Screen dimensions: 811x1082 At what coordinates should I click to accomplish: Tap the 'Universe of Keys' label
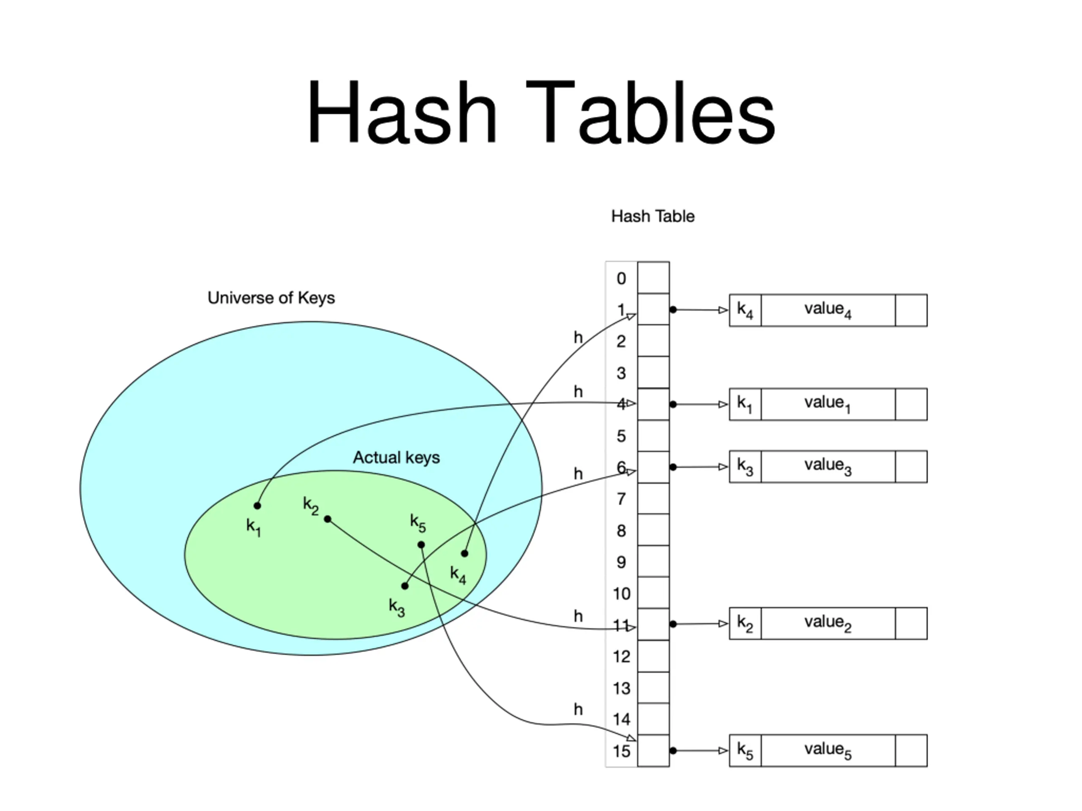tap(271, 298)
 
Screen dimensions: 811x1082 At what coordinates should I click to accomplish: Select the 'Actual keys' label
tap(396, 457)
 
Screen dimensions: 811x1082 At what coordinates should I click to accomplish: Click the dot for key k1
tap(257, 506)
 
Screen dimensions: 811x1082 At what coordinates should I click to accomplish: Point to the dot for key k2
tap(328, 519)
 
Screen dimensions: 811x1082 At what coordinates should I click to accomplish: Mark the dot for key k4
tap(464, 553)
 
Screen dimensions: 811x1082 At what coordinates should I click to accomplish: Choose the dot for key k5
tap(421, 544)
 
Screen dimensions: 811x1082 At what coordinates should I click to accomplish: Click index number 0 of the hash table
tap(621, 279)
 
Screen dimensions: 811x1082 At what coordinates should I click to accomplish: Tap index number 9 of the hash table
tap(621, 562)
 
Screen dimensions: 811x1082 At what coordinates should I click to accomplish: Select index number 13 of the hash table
tap(621, 689)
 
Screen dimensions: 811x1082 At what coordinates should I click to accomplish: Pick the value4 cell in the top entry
tap(828, 310)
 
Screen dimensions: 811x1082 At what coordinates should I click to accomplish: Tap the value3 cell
tap(828, 467)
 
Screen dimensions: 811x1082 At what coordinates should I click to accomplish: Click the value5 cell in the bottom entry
tap(828, 750)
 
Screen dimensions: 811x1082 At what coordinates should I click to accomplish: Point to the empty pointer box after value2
tap(911, 624)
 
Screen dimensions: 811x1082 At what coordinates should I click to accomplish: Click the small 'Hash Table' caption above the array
tap(653, 216)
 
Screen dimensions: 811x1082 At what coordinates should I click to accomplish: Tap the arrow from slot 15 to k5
tap(699, 750)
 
